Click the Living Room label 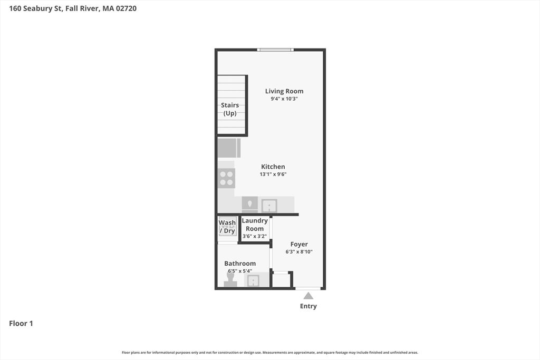click(284, 91)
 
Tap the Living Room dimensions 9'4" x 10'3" click(284, 99)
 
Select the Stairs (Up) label click(230, 109)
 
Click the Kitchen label click(273, 167)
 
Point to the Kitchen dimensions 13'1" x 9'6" click(273, 174)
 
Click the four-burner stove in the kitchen click(227, 178)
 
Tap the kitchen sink click(269, 205)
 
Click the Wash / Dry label click(227, 227)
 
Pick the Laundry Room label click(255, 225)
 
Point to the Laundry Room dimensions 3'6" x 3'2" click(255, 236)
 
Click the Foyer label click(299, 244)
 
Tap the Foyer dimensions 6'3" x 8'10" click(299, 251)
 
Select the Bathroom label click(240, 264)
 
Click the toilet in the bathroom click(230, 279)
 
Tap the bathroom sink click(254, 280)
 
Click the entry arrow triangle click(308, 296)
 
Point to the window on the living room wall click(275, 50)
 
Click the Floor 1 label click(21, 323)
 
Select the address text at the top click(73, 8)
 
